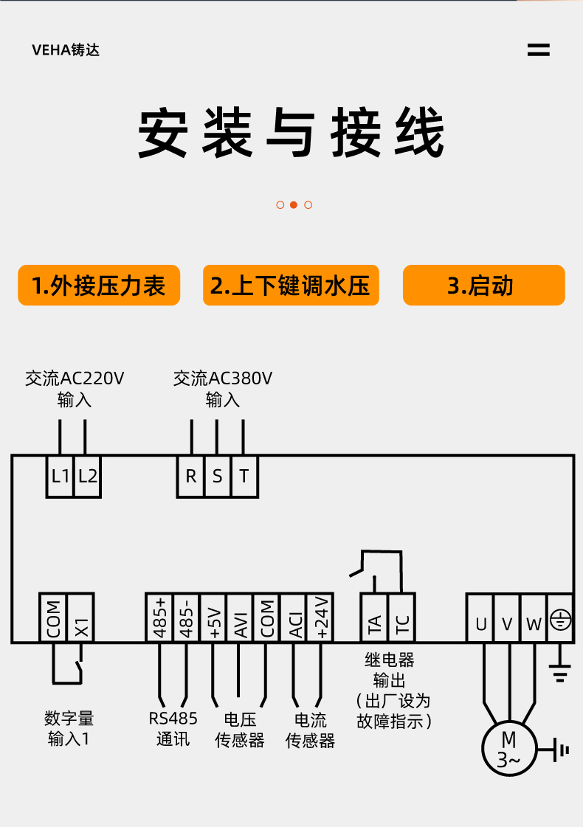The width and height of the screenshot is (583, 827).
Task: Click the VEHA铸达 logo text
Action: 66,50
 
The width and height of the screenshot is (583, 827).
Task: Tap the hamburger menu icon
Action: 538,50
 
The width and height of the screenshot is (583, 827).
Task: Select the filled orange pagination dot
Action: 294,204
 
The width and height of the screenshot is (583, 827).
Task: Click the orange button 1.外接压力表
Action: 99,286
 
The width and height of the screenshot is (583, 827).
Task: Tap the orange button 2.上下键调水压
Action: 291,286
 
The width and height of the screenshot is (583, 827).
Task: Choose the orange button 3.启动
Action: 484,286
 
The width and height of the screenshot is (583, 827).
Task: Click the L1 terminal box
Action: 60,477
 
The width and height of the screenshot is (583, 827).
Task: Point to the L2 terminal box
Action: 87,477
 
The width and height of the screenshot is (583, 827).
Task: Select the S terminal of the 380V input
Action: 217,477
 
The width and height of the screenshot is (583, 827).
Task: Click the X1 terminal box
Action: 80,617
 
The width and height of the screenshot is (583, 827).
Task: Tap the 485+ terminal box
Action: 159,617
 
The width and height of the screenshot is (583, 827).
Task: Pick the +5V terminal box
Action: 213,617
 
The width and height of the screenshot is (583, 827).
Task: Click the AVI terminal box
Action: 240,617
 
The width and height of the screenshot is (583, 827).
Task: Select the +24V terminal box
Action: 320,617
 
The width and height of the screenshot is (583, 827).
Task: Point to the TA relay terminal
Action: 374,617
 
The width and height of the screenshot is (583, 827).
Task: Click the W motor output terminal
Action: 534,617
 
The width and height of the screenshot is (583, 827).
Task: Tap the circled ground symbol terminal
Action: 560,617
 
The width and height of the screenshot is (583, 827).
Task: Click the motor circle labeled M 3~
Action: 508,749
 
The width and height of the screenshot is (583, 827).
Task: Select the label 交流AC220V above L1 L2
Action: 75,378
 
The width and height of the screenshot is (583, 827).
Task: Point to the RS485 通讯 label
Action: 173,728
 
